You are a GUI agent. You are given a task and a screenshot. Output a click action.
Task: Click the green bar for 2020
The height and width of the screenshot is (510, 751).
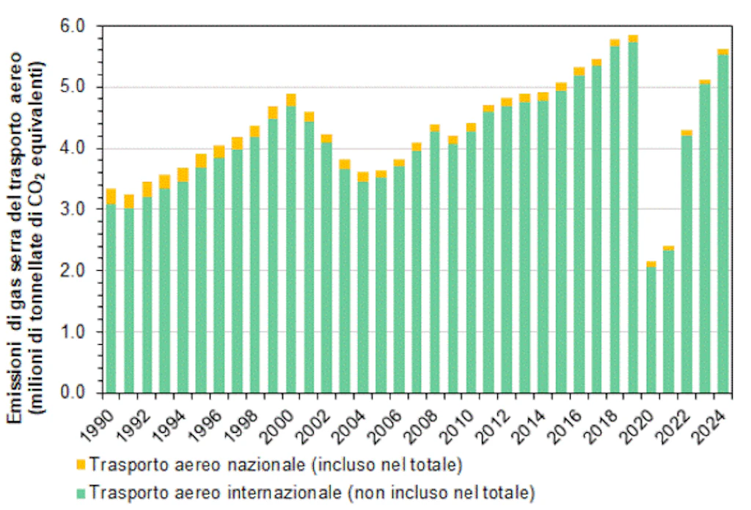click(650, 330)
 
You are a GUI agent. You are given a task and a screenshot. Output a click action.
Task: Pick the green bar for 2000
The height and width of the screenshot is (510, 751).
click(290, 249)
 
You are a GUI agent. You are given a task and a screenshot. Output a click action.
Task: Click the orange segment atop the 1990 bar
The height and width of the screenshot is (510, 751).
click(111, 197)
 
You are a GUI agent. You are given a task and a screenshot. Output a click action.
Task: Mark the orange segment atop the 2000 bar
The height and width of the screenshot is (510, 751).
click(290, 101)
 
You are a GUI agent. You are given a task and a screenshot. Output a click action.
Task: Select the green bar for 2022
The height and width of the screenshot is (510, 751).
click(686, 264)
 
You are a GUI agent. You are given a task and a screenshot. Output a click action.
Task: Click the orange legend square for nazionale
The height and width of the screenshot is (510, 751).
click(81, 465)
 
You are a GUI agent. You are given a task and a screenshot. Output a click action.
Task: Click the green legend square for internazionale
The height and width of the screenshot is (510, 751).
click(81, 490)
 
